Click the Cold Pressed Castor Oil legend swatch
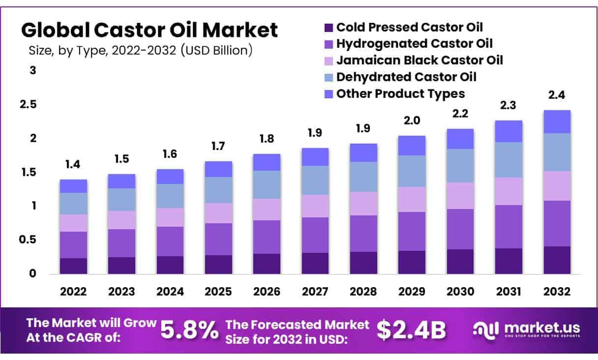coord(329,27)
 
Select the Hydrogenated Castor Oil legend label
coord(414,44)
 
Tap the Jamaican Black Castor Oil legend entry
coord(419,60)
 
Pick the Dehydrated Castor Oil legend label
coord(406,77)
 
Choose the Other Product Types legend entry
coord(400,93)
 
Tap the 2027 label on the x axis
coord(315,292)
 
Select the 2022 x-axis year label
coord(73,292)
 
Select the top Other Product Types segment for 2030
coord(460,139)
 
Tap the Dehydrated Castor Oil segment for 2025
coord(218,190)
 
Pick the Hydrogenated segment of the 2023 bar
coord(121,243)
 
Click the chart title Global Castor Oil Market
coord(149,30)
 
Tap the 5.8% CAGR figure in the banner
coord(190,330)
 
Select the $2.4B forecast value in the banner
coord(411,330)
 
